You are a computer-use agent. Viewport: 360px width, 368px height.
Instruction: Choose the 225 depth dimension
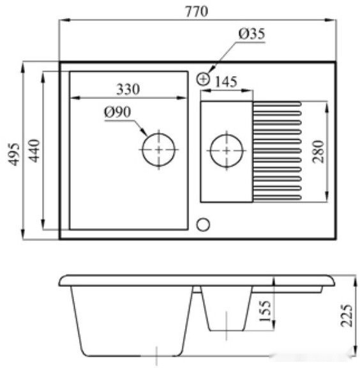347,314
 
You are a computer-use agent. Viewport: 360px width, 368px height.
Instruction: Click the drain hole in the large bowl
158,150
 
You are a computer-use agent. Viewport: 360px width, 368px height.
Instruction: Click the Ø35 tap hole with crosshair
204,79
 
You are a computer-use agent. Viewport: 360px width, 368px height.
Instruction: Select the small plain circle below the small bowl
204,224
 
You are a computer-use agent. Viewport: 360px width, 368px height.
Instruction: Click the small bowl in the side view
227,310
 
